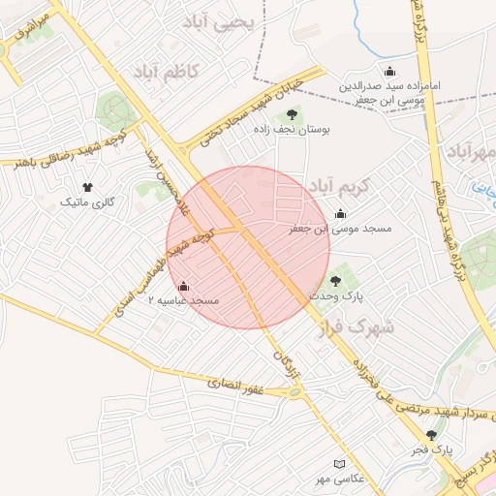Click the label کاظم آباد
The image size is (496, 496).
coord(164,72)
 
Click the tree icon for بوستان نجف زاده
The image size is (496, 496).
coord(292,114)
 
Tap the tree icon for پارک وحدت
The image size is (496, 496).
coord(335,280)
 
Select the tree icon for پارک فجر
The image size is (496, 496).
coord(431,435)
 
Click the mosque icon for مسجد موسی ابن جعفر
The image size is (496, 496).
coord(340,214)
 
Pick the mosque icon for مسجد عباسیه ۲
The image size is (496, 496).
coord(184,286)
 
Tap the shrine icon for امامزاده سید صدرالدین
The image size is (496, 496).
coord(389,71)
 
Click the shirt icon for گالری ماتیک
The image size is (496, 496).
coord(87,187)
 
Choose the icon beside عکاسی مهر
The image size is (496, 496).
coord(338,464)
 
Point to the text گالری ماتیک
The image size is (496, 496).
coord(87,202)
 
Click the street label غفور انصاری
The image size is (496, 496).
coord(235,387)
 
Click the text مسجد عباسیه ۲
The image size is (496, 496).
coord(184,301)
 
